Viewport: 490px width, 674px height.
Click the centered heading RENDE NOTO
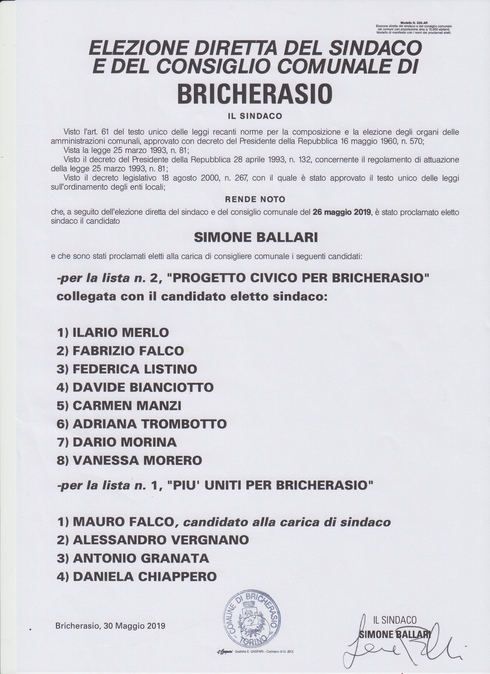pos(255,199)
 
